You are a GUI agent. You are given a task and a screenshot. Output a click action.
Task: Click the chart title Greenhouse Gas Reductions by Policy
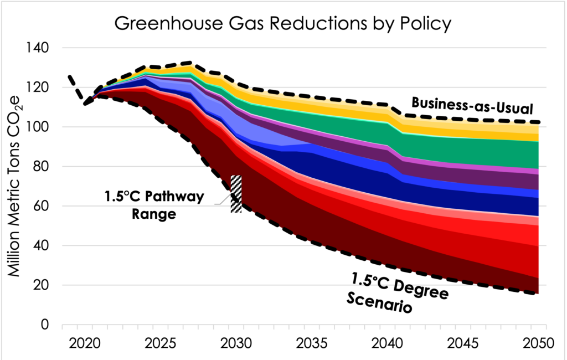tap(282, 24)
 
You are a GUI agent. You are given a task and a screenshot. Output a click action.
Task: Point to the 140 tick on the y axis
tap(37, 48)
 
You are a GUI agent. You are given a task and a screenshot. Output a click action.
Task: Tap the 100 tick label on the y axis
tap(37, 127)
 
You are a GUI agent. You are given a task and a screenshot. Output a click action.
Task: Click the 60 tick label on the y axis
tap(40, 207)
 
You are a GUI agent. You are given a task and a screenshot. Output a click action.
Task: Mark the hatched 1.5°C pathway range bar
tap(236, 193)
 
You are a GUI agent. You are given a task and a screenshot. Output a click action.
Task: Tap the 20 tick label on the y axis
tap(40, 286)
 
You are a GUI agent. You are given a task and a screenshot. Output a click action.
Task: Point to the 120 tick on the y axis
tap(37, 88)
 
